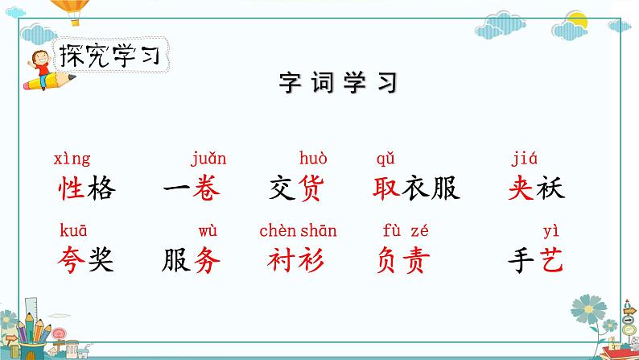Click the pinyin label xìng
click(x=72, y=159)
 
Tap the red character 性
click(x=72, y=188)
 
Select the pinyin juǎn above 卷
click(x=208, y=159)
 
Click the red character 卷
click(x=205, y=188)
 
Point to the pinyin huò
click(x=313, y=158)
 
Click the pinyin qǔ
click(x=385, y=159)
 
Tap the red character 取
click(x=388, y=188)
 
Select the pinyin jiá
click(x=524, y=159)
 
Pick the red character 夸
click(x=72, y=259)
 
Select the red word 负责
click(x=402, y=259)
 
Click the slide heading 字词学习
click(x=338, y=83)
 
